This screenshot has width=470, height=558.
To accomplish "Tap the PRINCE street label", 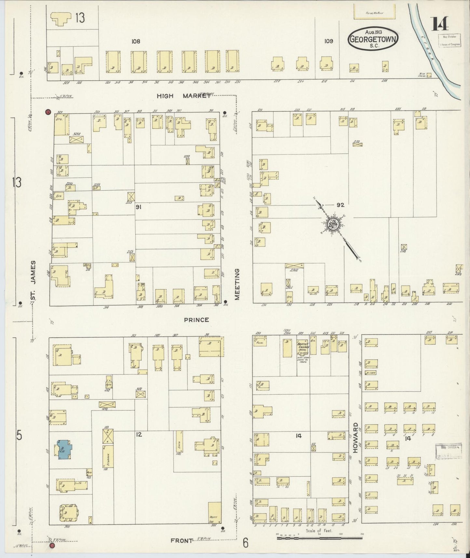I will click(x=196, y=320).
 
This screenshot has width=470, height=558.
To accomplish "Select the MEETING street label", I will click(x=237, y=284).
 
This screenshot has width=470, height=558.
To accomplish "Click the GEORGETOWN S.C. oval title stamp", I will click(x=373, y=39).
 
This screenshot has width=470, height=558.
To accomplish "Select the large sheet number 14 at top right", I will click(x=440, y=23).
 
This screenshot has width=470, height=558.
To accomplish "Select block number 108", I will click(x=136, y=41).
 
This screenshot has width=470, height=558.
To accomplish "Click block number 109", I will click(x=329, y=41).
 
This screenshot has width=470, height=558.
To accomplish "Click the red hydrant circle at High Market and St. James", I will click(x=48, y=112).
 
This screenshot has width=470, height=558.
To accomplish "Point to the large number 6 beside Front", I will click(x=246, y=543).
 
